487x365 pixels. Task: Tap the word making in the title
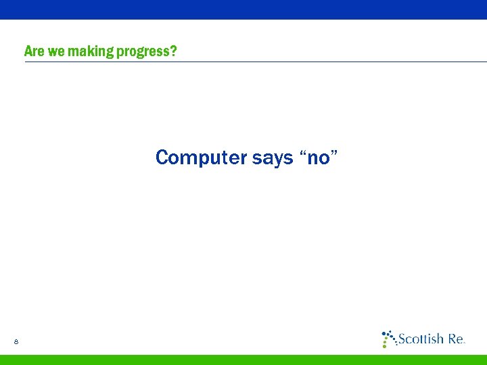[91, 51]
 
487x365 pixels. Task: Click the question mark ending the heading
[175, 51]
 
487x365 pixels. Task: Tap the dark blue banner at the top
[243, 9]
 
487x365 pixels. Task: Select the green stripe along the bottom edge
[243, 360]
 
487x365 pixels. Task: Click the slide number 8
[16, 343]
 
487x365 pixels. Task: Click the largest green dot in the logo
[386, 345]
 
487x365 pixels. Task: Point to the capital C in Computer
[162, 158]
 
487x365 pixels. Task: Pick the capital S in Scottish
[402, 339]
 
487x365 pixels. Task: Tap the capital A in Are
[28, 51]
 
